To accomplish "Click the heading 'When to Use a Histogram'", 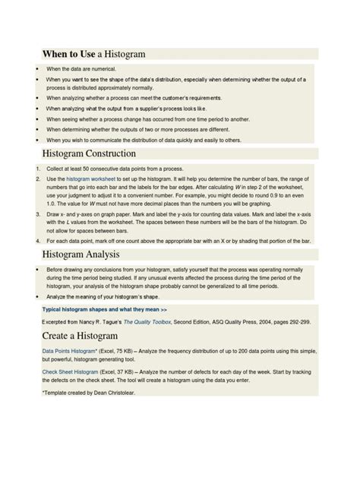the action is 93,55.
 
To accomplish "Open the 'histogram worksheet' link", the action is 89,178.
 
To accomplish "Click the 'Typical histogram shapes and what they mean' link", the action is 104,310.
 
